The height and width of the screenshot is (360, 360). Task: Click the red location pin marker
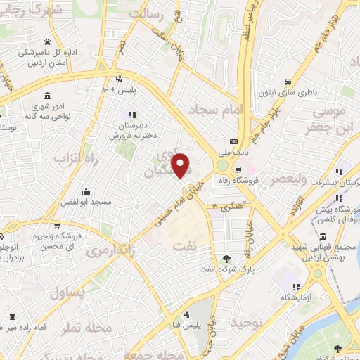pyautogui.click(x=181, y=165)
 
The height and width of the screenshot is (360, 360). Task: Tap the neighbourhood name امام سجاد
pyautogui.click(x=216, y=110)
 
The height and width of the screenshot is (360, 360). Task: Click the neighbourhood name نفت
pyautogui.click(x=195, y=238)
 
